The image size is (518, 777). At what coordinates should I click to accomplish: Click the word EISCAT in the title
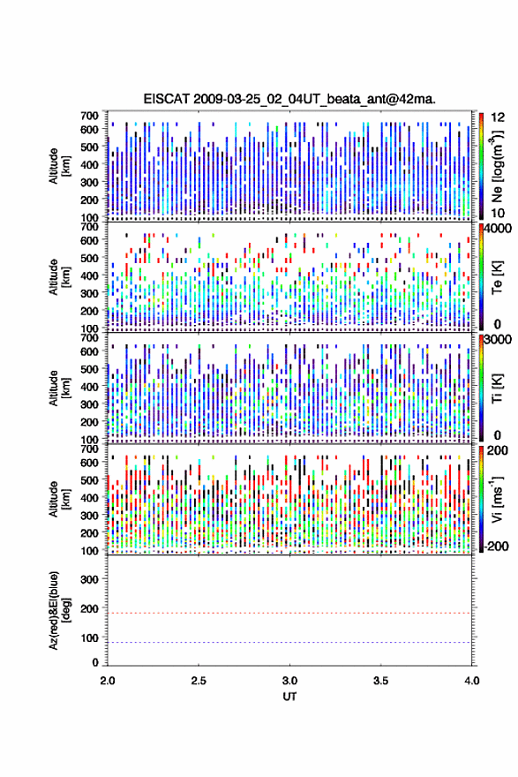pos(167,99)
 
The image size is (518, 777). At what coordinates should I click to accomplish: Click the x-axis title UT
pos(289,697)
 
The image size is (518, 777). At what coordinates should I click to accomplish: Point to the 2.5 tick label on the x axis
pos(199,681)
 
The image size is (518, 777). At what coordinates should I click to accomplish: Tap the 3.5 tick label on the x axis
pos(381,681)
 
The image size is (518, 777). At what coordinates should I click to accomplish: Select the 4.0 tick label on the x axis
pos(472,681)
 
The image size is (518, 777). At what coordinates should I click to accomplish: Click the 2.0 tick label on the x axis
pos(108,681)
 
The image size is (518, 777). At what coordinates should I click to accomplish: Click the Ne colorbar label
pos(497,167)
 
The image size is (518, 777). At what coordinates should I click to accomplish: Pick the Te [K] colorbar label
pos(497,277)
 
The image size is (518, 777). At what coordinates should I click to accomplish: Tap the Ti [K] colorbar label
pos(497,388)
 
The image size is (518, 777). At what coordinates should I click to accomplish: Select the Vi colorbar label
pos(497,499)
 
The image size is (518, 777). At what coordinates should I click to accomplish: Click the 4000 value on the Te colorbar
pos(498,230)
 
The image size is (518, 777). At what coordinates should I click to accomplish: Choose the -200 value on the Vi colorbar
pos(496,547)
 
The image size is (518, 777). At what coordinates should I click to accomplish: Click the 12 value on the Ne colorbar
pos(498,117)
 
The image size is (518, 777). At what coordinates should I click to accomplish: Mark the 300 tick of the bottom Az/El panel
pos(89,579)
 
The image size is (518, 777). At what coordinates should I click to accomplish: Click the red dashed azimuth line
pos(289,613)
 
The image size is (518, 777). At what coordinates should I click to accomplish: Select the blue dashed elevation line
pos(289,642)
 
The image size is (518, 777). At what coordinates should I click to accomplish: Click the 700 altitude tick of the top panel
pos(89,116)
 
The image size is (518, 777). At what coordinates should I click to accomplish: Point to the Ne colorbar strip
pos(481,166)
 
